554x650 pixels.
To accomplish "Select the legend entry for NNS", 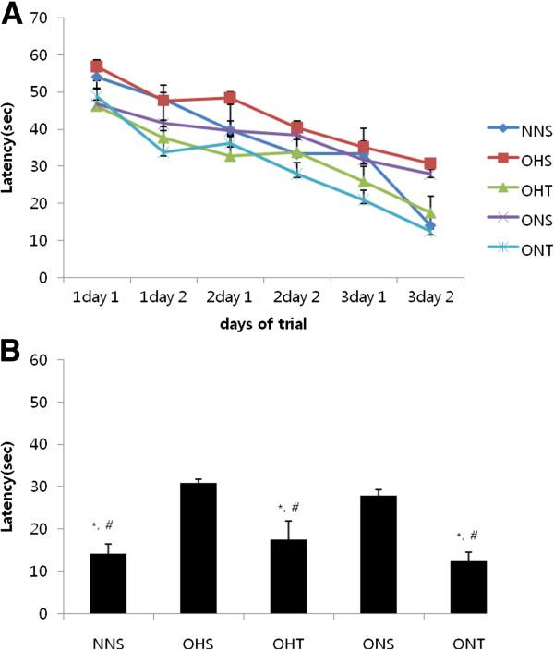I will [x=521, y=130].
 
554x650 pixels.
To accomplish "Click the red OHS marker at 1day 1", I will [x=96, y=67].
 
